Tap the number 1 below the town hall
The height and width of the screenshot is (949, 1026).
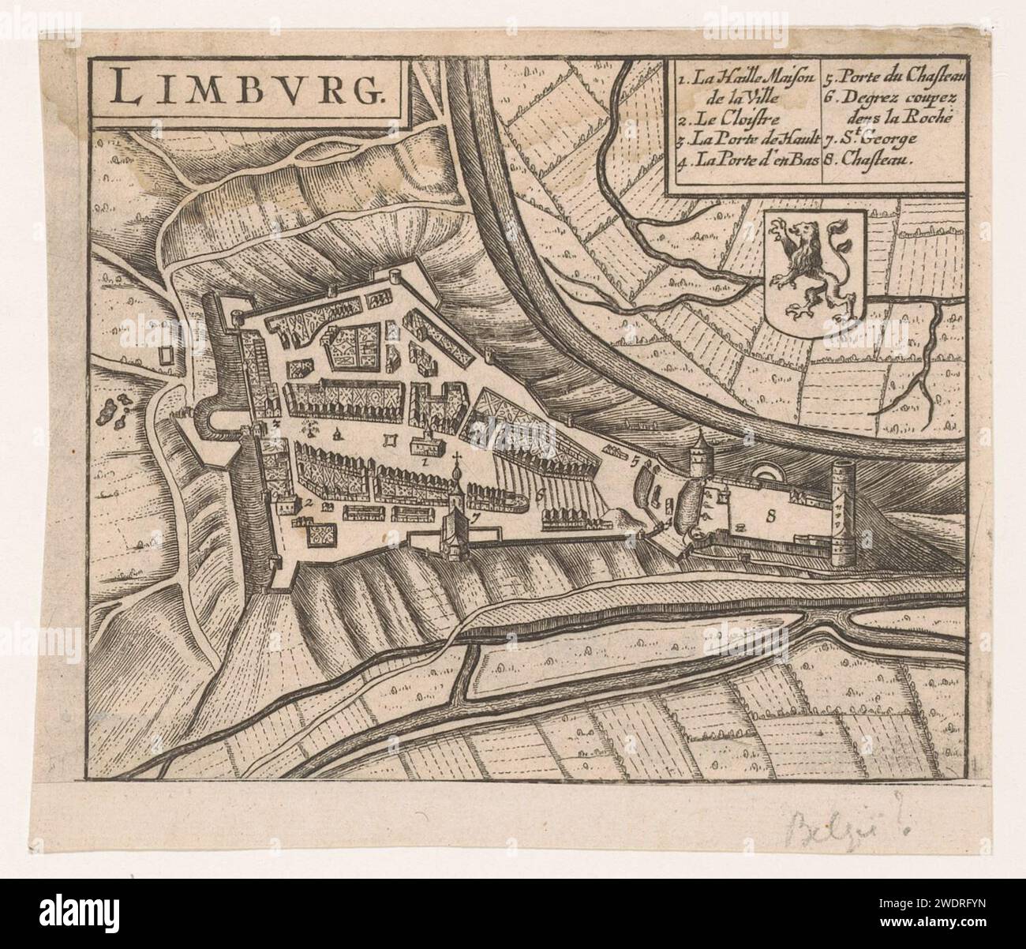[x=426, y=458]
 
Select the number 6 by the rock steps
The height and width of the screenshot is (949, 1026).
[x=538, y=495]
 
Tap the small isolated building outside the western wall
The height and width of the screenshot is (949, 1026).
[x=166, y=356]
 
